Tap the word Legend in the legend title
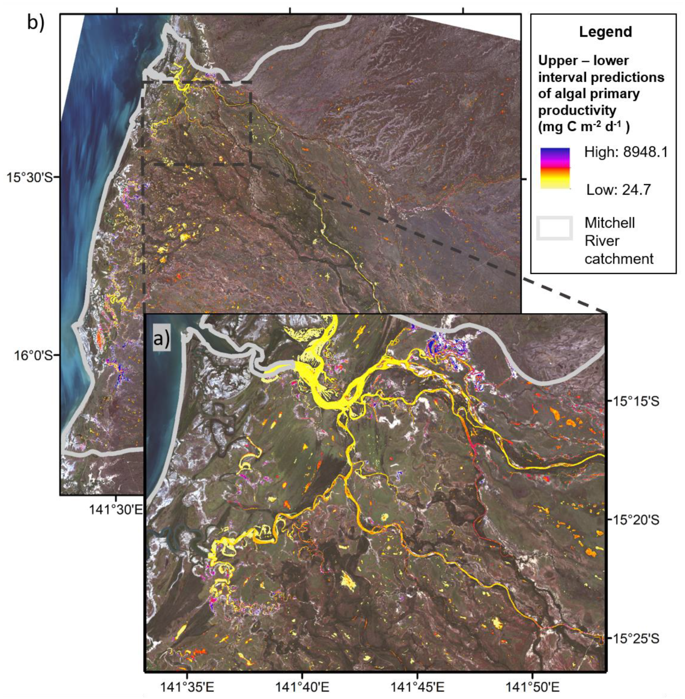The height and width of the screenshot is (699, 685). point(605,32)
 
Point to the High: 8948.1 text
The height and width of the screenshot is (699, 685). point(626,152)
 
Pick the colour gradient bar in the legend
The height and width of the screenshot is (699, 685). point(555,168)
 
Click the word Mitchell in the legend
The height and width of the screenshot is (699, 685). point(609,223)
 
